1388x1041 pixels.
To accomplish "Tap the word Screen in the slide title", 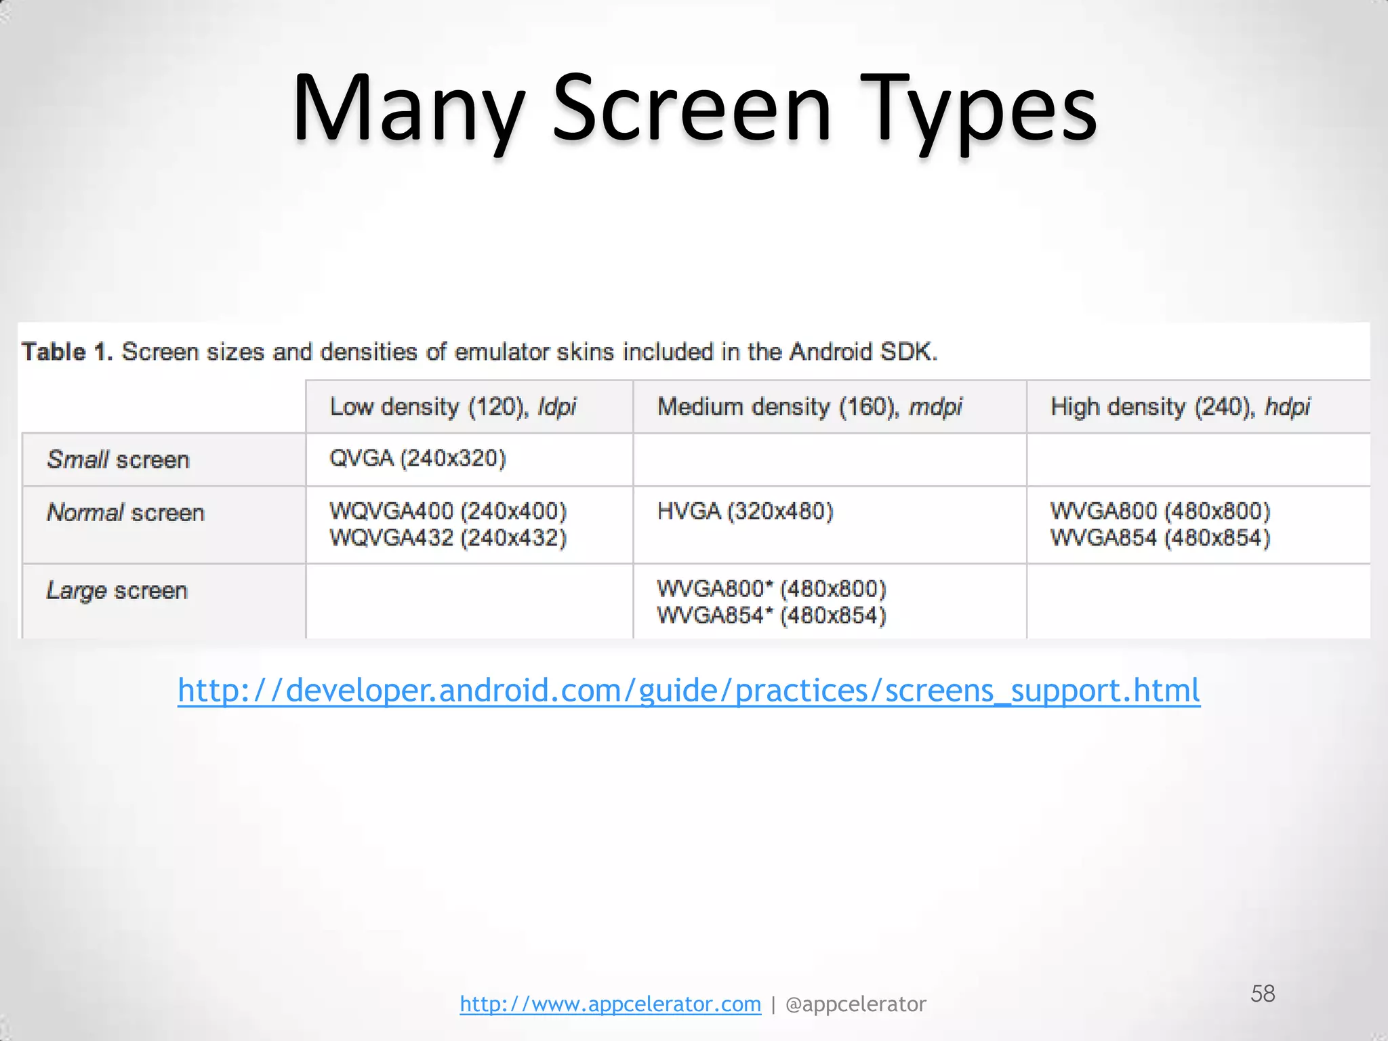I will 691,108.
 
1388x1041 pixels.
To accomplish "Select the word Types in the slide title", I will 979,108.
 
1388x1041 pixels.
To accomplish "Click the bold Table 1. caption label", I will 66,352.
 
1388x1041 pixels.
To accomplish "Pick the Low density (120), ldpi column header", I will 453,407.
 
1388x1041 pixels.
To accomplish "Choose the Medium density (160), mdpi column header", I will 809,407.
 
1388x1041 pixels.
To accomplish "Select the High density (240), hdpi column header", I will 1180,407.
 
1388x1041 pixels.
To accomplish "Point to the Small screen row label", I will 118,460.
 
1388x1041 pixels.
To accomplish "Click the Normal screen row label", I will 125,512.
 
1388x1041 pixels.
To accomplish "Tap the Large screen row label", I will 117,590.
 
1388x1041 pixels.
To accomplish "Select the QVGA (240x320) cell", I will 417,458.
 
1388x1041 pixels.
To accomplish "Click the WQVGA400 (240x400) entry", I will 448,511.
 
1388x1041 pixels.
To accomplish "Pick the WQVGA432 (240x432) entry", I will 448,538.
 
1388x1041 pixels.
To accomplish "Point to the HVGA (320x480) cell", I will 745,511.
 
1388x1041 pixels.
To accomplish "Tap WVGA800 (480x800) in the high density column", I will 1160,511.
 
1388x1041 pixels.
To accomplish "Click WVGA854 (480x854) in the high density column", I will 1160,538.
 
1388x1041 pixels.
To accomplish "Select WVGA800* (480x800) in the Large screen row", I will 771,589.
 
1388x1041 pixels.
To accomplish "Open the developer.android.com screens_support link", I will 689,691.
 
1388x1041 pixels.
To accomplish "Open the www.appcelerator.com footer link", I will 610,1004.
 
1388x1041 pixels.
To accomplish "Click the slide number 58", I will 1263,994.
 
